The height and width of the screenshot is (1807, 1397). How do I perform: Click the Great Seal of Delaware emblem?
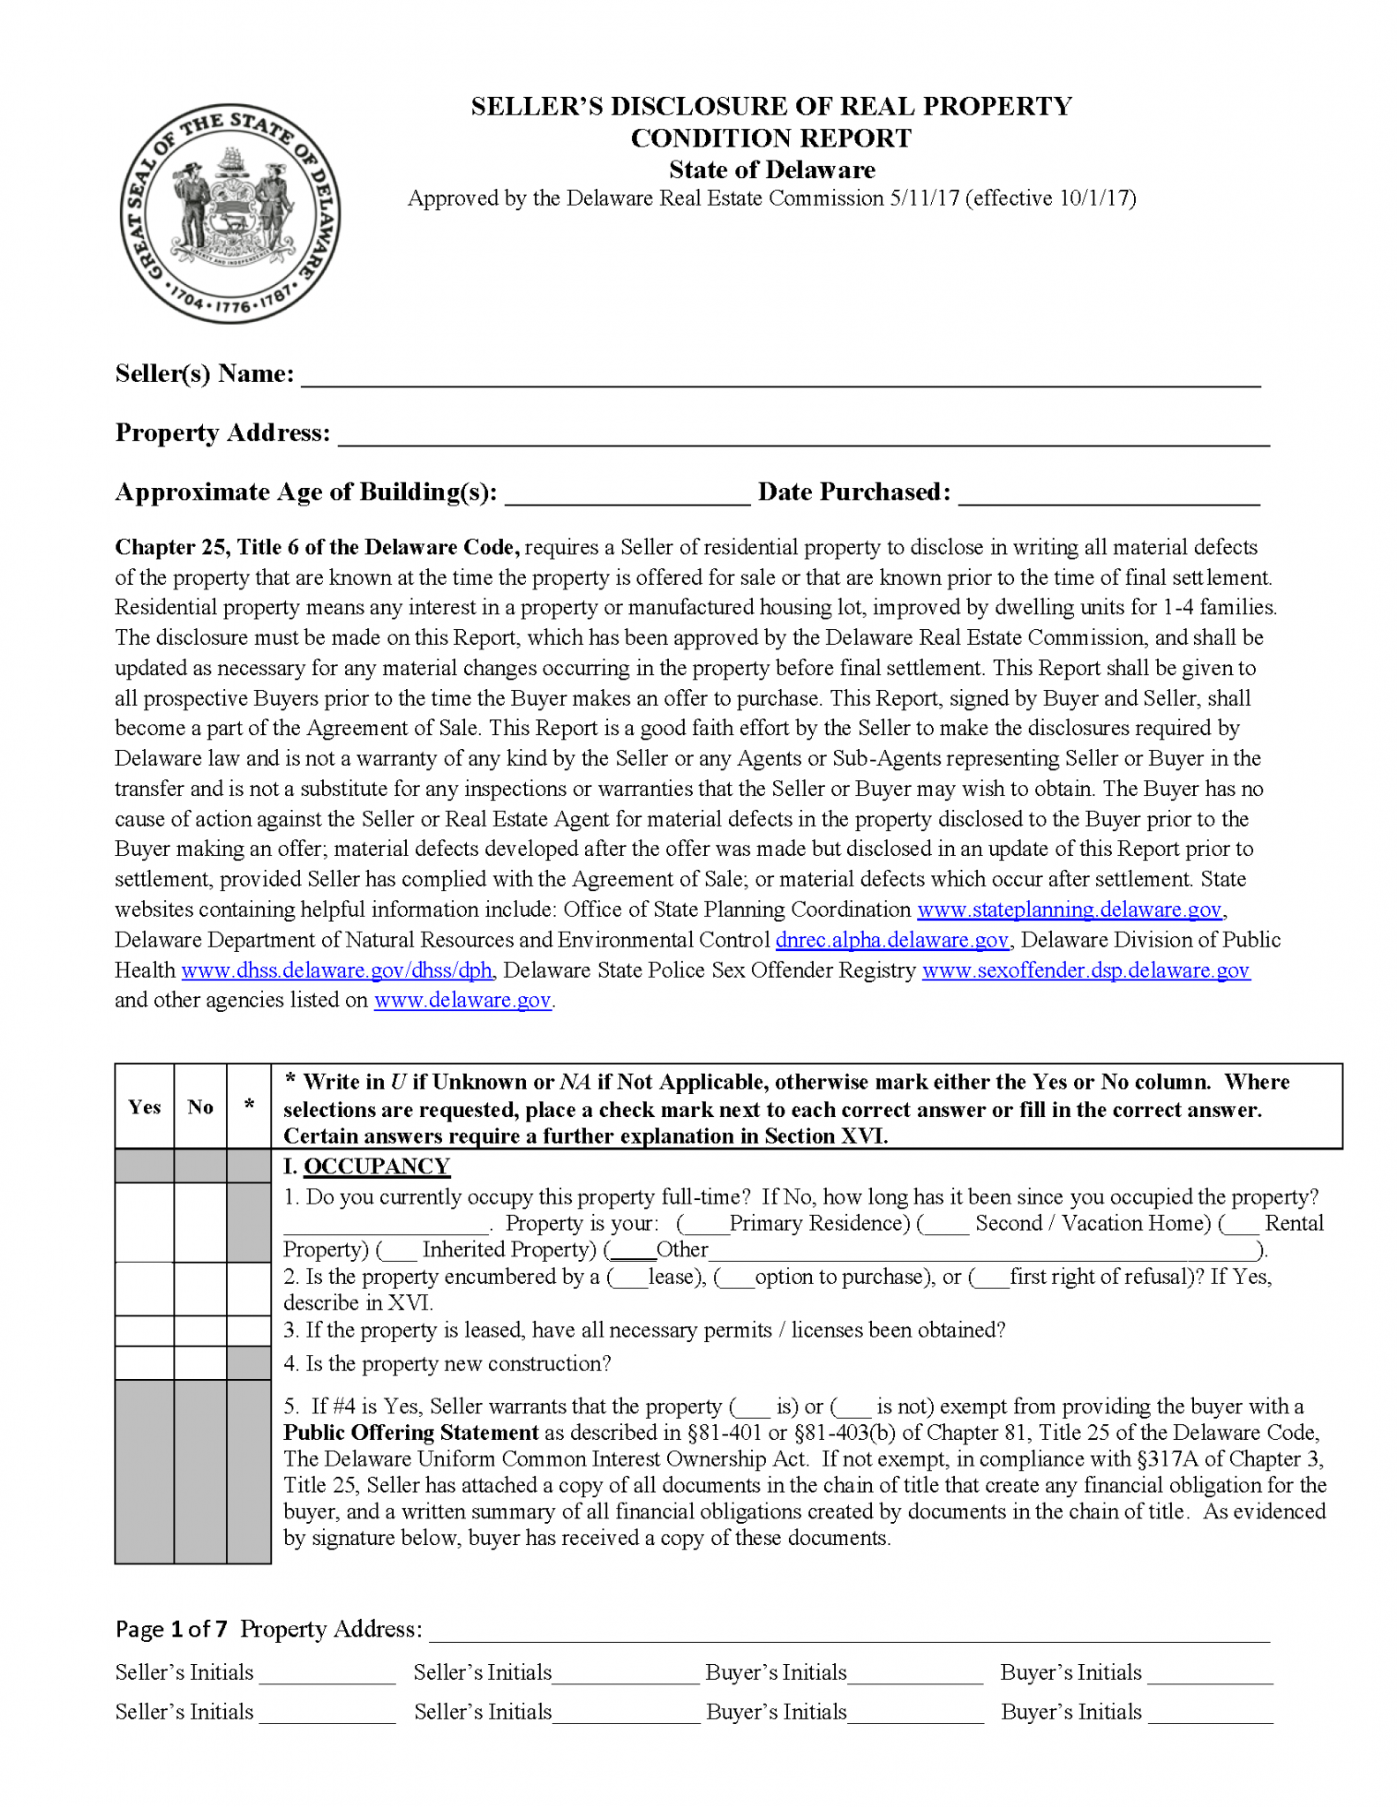point(229,214)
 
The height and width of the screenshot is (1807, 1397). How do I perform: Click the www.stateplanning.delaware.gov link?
point(1070,910)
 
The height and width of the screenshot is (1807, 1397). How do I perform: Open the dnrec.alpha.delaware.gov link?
point(891,940)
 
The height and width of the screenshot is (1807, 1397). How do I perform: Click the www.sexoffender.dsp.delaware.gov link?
point(1085,971)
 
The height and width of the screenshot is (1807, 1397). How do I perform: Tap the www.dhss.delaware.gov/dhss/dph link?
point(337,971)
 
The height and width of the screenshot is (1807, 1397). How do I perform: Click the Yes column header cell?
point(145,1106)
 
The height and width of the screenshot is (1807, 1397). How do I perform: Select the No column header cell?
point(200,1106)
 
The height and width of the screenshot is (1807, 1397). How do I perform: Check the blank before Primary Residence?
point(704,1225)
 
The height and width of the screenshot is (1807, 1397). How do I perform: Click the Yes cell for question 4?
point(145,1363)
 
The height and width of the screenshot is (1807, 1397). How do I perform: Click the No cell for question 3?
point(200,1331)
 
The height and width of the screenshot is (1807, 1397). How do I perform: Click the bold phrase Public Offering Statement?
point(410,1432)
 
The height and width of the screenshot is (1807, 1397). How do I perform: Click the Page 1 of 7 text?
point(171,1629)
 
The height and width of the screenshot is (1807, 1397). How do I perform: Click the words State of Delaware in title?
point(771,169)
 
